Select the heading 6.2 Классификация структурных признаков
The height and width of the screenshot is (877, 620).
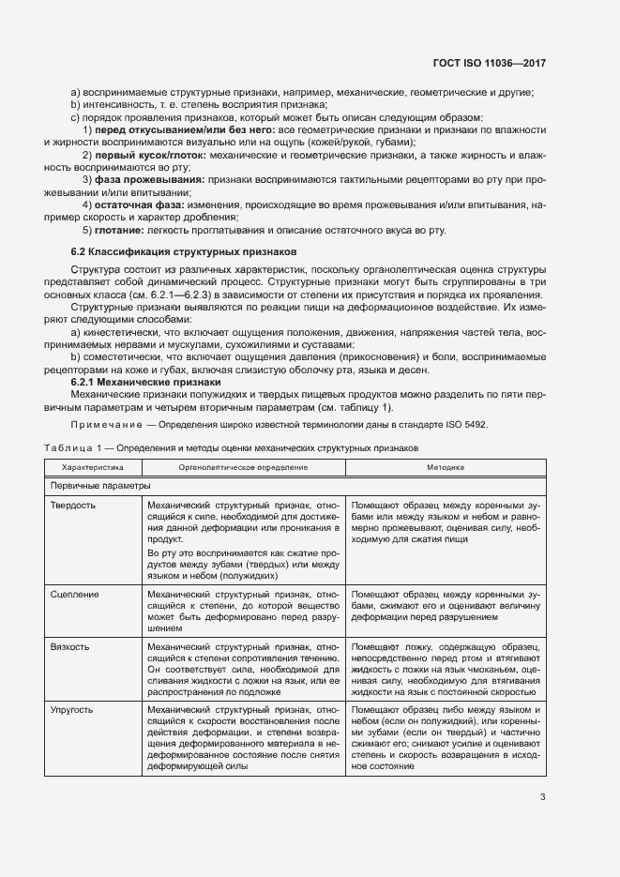184,252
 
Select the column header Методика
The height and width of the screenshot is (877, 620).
446,466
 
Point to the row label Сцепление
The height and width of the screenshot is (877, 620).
75,595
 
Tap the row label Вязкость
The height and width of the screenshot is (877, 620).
71,647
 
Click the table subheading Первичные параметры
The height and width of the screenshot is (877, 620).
98,486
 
